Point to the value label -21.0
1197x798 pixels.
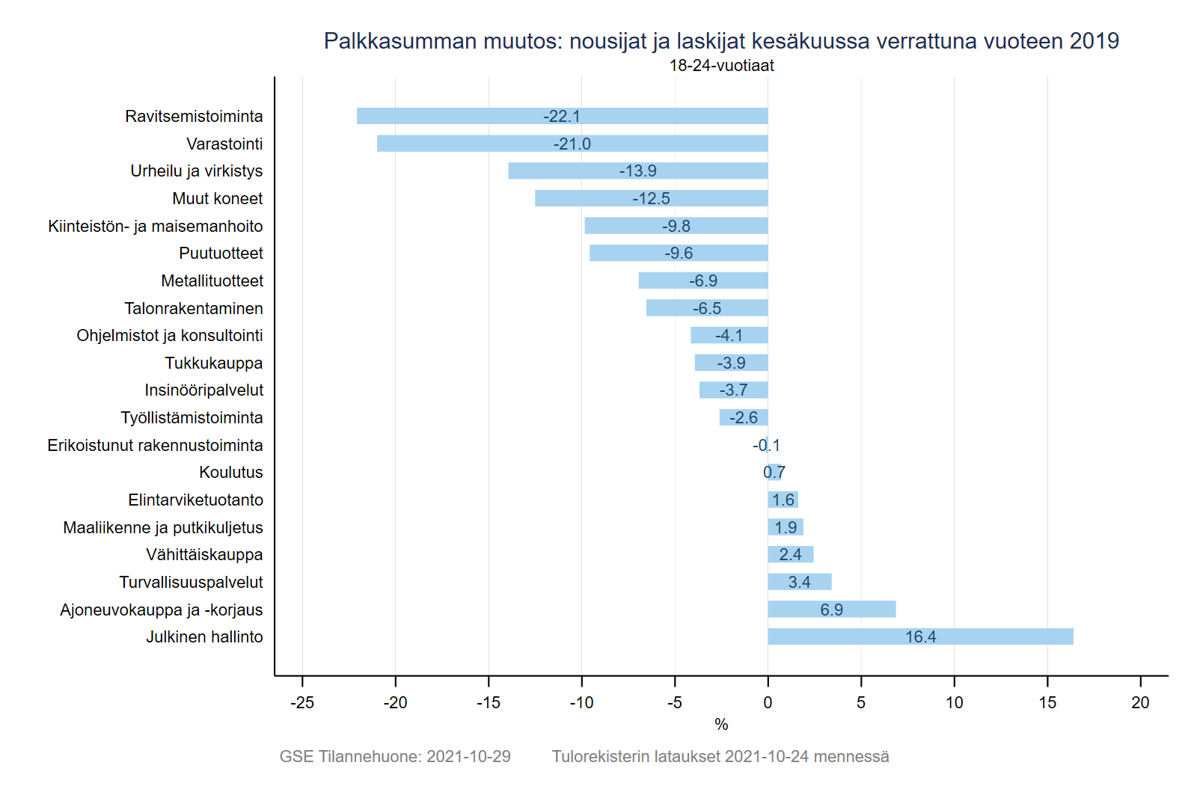(x=572, y=144)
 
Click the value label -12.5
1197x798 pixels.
(x=651, y=198)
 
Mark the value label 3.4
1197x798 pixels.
(x=799, y=582)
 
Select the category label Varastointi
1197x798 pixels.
(x=224, y=144)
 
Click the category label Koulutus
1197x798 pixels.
(x=231, y=472)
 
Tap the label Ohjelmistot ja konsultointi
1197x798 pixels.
(x=170, y=335)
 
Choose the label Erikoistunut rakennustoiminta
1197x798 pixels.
(x=155, y=445)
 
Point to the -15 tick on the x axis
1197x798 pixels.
(x=489, y=702)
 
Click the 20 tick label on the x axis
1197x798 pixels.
(x=1140, y=702)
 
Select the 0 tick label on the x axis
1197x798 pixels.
(x=768, y=702)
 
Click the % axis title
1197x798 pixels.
(x=721, y=724)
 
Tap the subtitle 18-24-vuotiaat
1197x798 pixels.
(x=721, y=66)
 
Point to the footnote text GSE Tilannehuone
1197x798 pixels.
(x=350, y=756)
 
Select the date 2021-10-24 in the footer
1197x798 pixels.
(x=767, y=756)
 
